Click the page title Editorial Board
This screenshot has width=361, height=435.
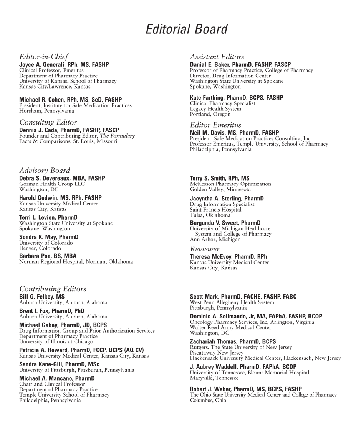[x=186, y=30]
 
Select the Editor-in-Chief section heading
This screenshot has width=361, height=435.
[x=44, y=57]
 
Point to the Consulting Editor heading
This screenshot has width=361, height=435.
[x=48, y=122]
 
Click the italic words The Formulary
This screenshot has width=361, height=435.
[x=117, y=136]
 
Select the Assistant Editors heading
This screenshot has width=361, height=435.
[x=217, y=57]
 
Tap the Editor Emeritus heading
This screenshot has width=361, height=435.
[x=215, y=125]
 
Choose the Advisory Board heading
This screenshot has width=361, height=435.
[x=45, y=171]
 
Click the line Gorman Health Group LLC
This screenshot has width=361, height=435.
[x=52, y=184]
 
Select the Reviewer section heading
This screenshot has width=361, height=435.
[x=205, y=249]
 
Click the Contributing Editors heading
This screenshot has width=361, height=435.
[x=53, y=289]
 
